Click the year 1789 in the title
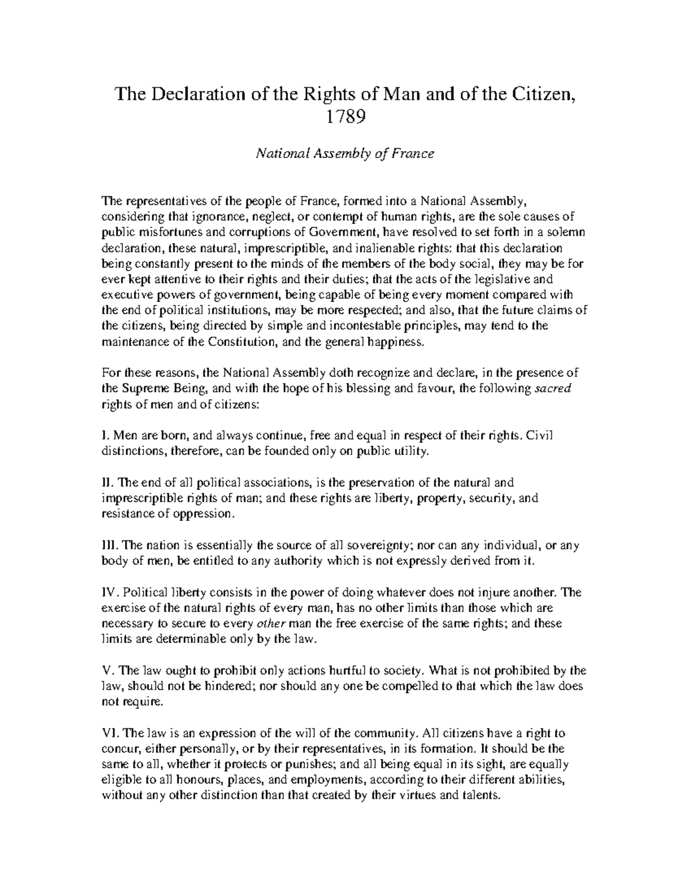coord(345,117)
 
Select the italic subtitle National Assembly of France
coord(345,154)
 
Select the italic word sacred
coord(553,388)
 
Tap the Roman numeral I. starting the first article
coord(104,435)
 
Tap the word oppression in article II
coord(206,513)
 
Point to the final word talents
coord(484,796)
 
